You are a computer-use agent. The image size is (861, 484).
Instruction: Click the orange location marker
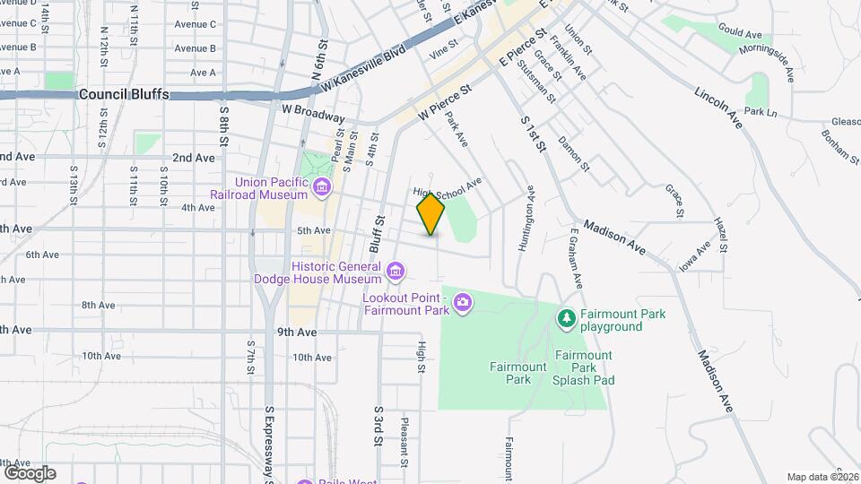point(431,214)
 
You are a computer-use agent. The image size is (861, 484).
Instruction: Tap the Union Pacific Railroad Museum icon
point(322,188)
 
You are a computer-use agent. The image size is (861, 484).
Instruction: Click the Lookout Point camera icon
point(462,302)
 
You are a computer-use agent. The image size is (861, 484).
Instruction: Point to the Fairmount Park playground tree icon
point(566,318)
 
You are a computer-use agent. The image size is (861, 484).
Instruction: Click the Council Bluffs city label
point(124,94)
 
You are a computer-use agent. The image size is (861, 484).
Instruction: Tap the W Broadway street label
point(313,113)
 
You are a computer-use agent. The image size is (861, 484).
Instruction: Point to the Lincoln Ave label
point(719,108)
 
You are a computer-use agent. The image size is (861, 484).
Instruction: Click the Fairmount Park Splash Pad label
point(584,367)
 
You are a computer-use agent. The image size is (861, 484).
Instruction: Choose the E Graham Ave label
point(575,257)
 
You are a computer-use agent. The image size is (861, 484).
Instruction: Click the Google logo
point(30,473)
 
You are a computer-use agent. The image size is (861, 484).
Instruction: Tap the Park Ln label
point(759,112)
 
